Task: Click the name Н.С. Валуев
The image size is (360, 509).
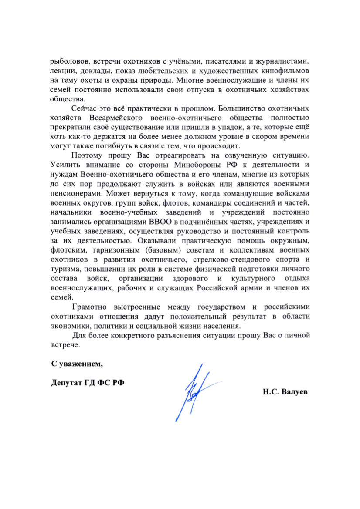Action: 285,391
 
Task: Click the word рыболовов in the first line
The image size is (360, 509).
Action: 68,61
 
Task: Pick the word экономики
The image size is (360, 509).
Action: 69,325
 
